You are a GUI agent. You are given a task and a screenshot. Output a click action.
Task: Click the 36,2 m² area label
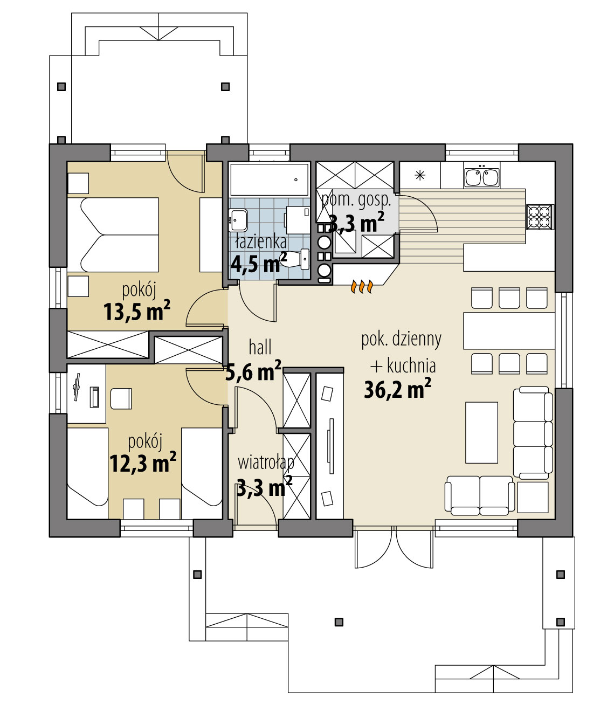397,389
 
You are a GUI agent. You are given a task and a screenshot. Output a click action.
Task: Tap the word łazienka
261,242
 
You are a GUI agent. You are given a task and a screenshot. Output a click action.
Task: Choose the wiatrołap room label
266,463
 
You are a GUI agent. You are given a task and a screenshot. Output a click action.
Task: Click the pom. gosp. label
356,200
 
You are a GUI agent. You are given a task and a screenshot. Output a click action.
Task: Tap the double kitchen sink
481,177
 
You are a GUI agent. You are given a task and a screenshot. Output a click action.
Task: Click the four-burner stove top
540,217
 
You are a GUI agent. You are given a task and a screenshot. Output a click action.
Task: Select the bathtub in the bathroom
270,180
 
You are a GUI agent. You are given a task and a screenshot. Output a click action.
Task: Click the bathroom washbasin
238,220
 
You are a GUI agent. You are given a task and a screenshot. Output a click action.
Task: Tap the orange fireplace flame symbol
361,286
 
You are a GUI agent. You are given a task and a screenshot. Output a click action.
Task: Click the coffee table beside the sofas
481,432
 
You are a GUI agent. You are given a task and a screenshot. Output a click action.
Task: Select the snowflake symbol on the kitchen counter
419,175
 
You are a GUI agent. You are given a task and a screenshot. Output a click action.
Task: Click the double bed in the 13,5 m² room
113,235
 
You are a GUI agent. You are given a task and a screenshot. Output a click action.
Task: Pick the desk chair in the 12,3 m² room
121,398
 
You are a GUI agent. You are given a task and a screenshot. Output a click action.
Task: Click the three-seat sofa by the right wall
533,432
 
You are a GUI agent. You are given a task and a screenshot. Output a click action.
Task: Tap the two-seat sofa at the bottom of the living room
480,495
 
